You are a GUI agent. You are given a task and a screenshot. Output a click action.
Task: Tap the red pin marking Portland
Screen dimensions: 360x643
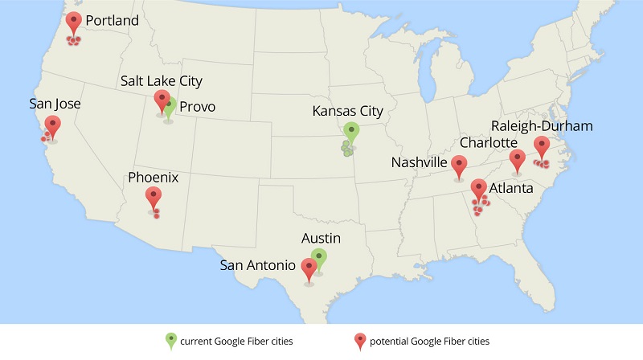click(x=74, y=22)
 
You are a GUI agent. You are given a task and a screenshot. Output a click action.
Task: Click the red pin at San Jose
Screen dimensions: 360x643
click(x=52, y=125)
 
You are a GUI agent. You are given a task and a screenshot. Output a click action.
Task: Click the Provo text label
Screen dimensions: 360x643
click(x=197, y=106)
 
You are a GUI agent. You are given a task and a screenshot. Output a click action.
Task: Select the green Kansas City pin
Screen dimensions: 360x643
click(x=350, y=132)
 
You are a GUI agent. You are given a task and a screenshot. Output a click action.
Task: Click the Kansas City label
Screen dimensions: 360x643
click(x=348, y=111)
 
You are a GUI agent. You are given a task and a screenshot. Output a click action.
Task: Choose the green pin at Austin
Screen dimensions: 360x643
click(x=319, y=259)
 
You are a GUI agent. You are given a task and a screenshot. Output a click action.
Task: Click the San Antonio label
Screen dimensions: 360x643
click(x=256, y=264)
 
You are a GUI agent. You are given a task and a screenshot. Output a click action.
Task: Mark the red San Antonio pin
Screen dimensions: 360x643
click(x=309, y=268)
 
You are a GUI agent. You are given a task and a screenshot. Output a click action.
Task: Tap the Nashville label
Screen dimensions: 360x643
click(x=419, y=163)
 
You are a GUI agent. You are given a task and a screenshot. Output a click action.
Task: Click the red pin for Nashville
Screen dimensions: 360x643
click(x=459, y=166)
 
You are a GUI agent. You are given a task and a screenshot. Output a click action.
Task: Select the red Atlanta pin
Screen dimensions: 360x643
click(x=479, y=189)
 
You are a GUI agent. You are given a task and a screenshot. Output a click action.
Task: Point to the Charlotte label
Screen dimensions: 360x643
click(x=489, y=143)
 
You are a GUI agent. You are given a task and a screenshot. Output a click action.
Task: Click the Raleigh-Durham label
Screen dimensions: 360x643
click(x=543, y=126)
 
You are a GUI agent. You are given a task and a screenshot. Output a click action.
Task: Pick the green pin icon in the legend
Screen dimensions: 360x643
click(x=170, y=340)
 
